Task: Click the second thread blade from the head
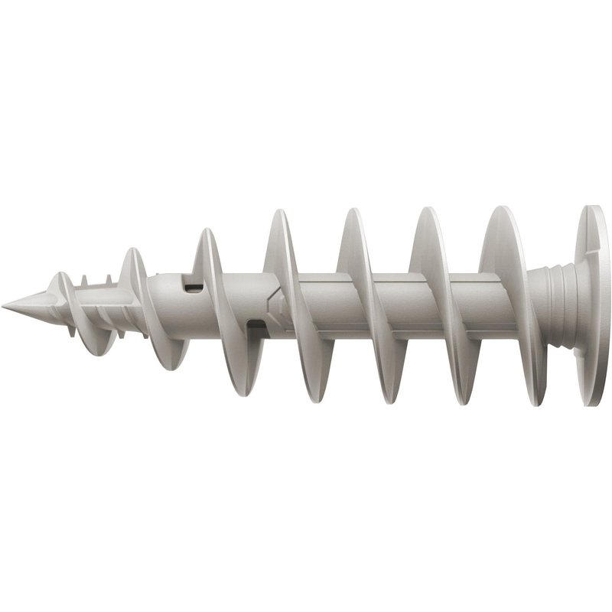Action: [x=436, y=306]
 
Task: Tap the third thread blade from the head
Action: [x=363, y=306]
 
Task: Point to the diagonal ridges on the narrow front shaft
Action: [x=103, y=314]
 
